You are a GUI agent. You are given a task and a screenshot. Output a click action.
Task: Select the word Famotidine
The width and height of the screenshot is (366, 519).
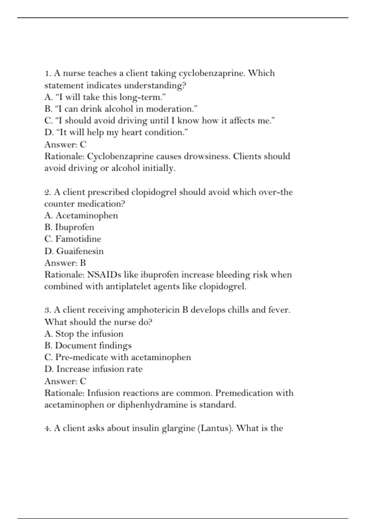78,239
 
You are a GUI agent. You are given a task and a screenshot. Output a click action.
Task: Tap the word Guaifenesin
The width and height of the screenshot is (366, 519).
80,251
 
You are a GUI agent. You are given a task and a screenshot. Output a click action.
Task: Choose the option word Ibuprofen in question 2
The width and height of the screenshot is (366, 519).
74,227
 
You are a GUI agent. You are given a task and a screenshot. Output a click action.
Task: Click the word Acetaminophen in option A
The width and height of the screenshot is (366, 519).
87,216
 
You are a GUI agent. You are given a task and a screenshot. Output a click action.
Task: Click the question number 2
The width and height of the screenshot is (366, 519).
47,192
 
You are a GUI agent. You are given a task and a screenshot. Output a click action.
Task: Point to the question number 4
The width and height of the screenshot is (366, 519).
47,428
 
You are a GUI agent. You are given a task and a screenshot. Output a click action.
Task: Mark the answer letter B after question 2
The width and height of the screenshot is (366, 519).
83,263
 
